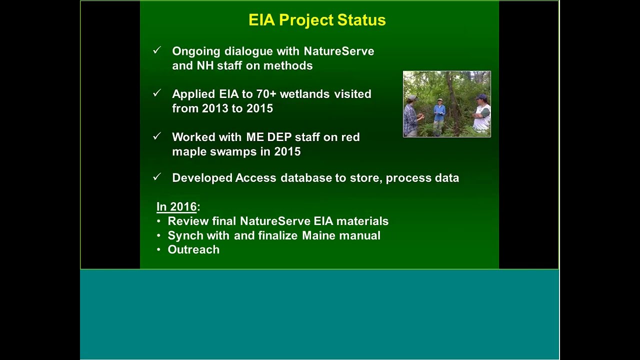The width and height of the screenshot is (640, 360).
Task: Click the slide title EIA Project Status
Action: tap(317, 20)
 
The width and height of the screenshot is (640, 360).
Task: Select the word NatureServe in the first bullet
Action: tap(338, 51)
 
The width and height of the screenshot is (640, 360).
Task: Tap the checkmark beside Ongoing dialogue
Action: tap(157, 50)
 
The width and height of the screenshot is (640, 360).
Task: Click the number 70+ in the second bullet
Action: tap(266, 94)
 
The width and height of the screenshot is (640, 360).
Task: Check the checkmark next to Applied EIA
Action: tap(157, 93)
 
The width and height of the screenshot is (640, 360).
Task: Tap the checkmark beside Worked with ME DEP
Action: tap(157, 136)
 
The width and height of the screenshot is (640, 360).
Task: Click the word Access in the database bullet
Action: tap(255, 178)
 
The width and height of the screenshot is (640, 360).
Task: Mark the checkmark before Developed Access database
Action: tap(157, 177)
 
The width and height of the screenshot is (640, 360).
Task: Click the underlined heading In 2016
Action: tap(176, 206)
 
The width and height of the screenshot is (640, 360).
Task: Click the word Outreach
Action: tap(193, 249)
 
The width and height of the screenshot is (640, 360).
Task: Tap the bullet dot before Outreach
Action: tap(158, 249)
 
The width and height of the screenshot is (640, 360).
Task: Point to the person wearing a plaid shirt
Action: tap(411, 117)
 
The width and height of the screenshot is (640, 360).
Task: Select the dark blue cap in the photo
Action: tap(481, 96)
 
